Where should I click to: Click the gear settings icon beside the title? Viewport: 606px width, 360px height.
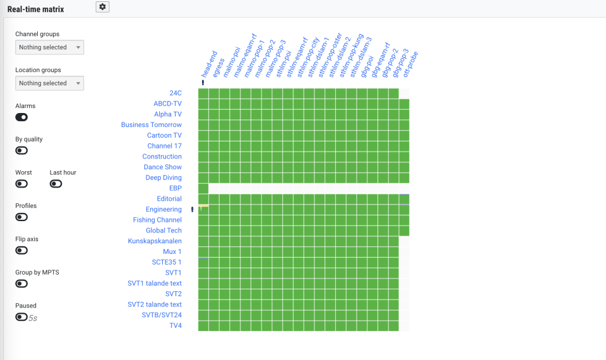click(x=102, y=6)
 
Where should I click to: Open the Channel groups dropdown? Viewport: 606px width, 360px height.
click(x=49, y=47)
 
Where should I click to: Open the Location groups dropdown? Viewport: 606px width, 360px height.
click(x=49, y=83)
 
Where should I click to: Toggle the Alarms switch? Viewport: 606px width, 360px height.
click(x=21, y=117)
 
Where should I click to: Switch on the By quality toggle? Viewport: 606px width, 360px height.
click(x=21, y=150)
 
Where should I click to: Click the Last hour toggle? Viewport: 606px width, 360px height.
click(x=56, y=184)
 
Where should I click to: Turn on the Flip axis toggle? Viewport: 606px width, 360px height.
click(x=21, y=250)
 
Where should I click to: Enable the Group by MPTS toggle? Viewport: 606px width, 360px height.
click(x=21, y=284)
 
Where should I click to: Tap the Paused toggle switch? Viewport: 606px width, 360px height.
click(x=21, y=317)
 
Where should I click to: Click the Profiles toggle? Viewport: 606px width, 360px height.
click(x=21, y=217)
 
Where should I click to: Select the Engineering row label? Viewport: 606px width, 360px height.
click(x=163, y=210)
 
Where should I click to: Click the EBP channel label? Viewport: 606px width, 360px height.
click(x=175, y=188)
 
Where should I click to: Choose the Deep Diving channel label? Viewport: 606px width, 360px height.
click(x=163, y=178)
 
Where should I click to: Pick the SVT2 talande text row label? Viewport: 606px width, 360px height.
click(x=155, y=304)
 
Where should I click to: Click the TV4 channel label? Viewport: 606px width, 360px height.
click(x=175, y=326)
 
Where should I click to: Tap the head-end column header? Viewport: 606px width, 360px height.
click(x=210, y=63)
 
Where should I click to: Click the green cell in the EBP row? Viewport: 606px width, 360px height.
click(x=203, y=188)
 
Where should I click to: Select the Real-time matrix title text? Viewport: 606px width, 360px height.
click(x=35, y=9)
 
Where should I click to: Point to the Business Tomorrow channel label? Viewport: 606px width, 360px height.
click(x=151, y=125)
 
